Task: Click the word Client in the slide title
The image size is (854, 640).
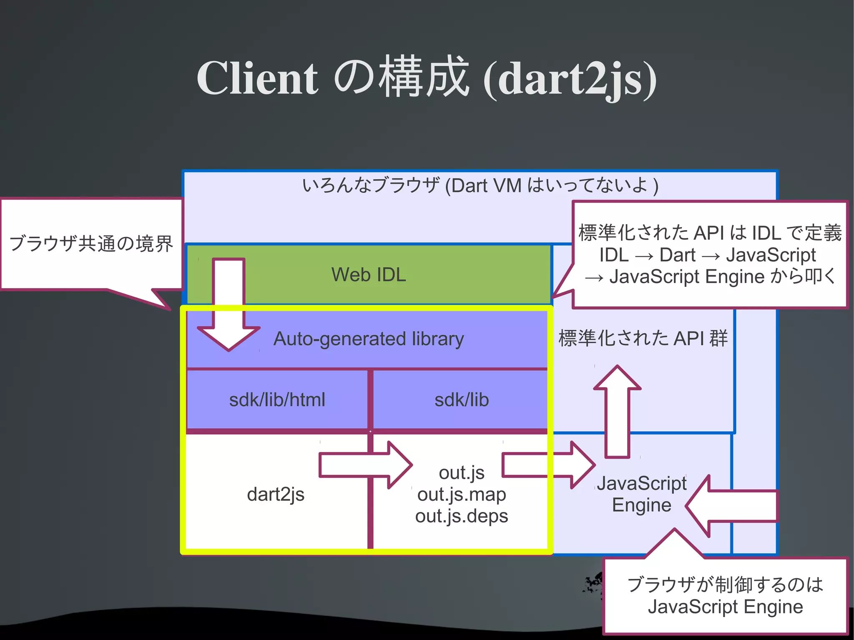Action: (257, 78)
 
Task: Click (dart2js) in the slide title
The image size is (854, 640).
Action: (570, 79)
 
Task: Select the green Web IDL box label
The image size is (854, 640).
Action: (369, 275)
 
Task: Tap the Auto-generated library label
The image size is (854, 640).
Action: (369, 339)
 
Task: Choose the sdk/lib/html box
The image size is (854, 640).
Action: (277, 400)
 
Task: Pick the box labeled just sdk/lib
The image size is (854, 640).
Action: (462, 400)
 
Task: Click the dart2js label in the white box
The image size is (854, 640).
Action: (276, 494)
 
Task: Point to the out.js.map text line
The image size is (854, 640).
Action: (462, 494)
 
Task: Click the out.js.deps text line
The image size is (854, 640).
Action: (462, 516)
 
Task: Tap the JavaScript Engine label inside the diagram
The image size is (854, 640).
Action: (641, 494)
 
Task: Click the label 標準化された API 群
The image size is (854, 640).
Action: (643, 338)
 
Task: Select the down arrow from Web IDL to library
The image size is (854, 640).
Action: (229, 309)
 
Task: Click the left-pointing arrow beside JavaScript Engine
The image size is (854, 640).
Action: (732, 506)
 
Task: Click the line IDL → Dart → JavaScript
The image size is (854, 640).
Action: (707, 255)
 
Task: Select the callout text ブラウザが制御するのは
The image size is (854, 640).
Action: (725, 585)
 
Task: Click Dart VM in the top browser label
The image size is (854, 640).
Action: (486, 186)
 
